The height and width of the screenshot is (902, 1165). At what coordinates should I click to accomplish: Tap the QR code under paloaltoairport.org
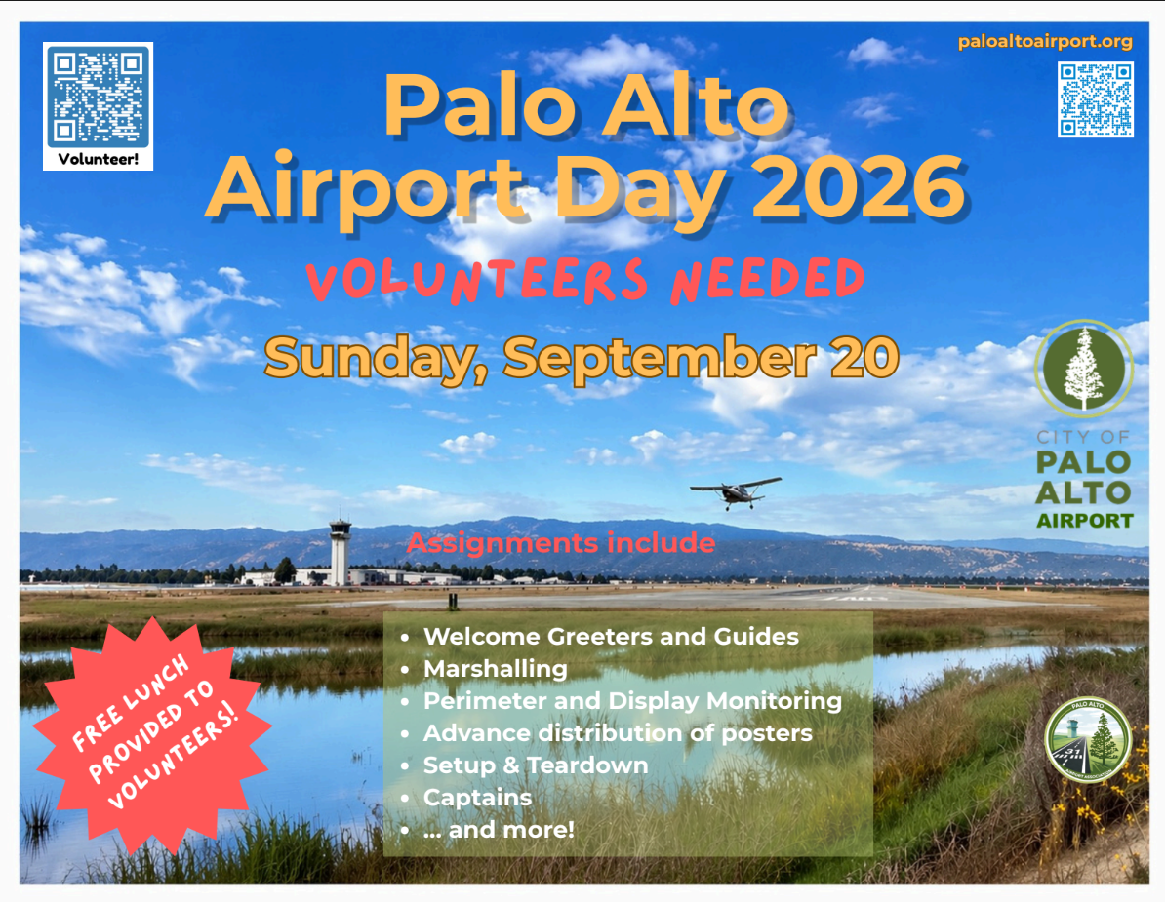click(x=1095, y=99)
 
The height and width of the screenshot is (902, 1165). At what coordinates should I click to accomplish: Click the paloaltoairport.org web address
click(x=1045, y=42)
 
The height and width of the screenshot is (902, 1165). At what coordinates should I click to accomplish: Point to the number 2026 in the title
click(x=859, y=187)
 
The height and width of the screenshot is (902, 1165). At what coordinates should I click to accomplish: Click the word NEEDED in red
click(x=768, y=280)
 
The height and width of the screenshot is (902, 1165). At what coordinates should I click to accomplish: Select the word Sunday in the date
click(x=371, y=359)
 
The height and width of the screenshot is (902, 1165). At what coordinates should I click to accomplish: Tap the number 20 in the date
click(x=864, y=357)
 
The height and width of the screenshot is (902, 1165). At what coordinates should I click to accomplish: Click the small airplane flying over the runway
click(x=736, y=491)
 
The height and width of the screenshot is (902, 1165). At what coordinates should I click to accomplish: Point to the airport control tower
click(x=340, y=552)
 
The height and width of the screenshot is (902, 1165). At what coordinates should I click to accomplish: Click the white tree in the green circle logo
click(x=1083, y=368)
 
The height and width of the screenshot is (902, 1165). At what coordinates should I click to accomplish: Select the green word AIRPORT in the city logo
click(x=1085, y=521)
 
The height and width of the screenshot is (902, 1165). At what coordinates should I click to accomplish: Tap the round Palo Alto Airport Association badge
click(x=1088, y=740)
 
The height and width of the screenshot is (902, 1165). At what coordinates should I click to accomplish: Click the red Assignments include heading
click(x=561, y=543)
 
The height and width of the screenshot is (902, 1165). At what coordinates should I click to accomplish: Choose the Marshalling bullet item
click(x=496, y=669)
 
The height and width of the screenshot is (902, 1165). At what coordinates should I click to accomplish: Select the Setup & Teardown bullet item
click(x=536, y=765)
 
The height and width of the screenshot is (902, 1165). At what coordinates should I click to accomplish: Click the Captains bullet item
click(x=478, y=798)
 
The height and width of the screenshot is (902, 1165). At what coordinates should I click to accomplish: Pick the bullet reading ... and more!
click(x=499, y=829)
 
